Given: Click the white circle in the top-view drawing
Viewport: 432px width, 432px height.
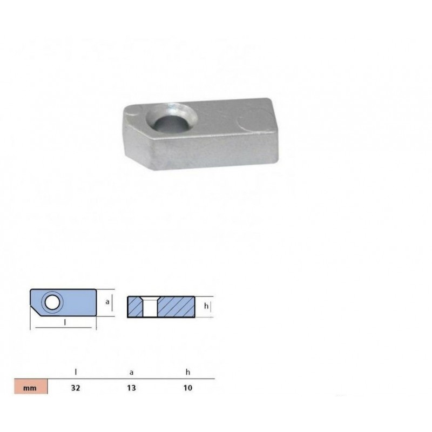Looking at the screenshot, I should click(52, 303).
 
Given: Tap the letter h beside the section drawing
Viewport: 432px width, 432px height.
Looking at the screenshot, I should click(206, 306).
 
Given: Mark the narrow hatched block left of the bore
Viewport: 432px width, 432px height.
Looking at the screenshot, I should click(136, 307).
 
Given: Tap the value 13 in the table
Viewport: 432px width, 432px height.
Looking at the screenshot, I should click(132, 387).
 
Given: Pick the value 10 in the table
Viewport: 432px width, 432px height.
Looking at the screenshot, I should click(187, 387).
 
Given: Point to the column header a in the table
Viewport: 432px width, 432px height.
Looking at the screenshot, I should click(132, 372).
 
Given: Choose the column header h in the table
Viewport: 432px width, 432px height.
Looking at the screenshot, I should click(187, 372).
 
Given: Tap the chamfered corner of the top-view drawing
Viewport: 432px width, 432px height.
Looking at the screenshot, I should click(36, 313).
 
